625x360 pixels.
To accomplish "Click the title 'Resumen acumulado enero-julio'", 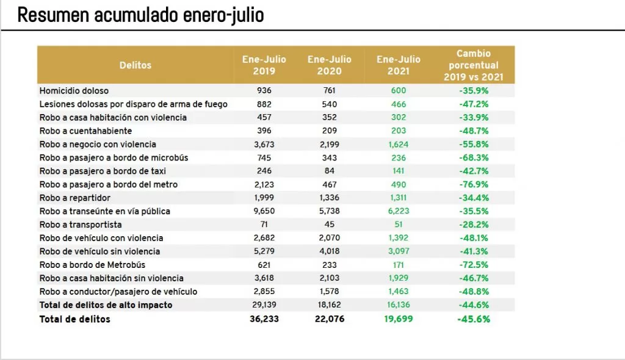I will click(x=140, y=15).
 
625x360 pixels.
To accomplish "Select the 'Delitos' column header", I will click(x=135, y=65).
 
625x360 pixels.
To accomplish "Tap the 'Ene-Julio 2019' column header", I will click(x=264, y=65).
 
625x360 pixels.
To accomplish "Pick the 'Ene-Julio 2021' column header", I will click(x=399, y=65).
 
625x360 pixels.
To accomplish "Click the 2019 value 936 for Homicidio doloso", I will click(x=264, y=90).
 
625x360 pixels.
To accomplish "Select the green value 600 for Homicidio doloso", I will click(x=399, y=90).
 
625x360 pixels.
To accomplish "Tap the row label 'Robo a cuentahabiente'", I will click(x=85, y=131).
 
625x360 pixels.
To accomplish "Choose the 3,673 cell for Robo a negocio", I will click(x=264, y=144).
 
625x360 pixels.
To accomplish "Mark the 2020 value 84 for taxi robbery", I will click(x=330, y=171).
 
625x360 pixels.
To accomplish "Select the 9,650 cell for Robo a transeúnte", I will click(x=264, y=211).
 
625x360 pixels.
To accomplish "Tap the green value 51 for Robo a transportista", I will click(x=399, y=225).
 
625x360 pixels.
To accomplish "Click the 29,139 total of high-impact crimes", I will click(x=264, y=304).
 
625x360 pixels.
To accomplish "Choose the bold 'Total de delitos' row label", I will click(x=75, y=319).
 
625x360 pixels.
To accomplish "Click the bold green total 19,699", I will click(x=398, y=319).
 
